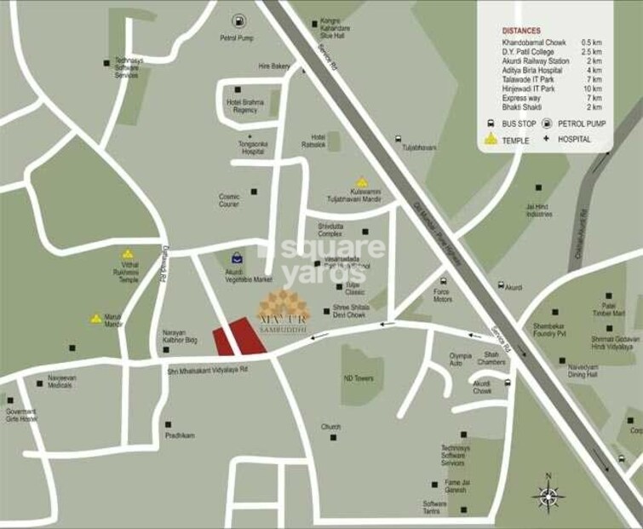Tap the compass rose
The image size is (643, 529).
tap(548, 494)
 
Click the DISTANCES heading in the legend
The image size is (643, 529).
tap(521, 30)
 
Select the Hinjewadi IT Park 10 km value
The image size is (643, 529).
tap(592, 89)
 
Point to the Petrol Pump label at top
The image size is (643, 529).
tap(238, 37)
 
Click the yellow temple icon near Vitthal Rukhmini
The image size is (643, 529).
tap(128, 254)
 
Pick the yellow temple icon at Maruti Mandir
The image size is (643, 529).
tap(96, 319)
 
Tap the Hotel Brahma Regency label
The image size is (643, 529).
tap(241, 106)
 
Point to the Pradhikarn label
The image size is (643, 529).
tap(180, 435)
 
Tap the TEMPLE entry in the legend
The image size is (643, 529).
tap(516, 139)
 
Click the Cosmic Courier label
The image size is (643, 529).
tap(229, 199)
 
